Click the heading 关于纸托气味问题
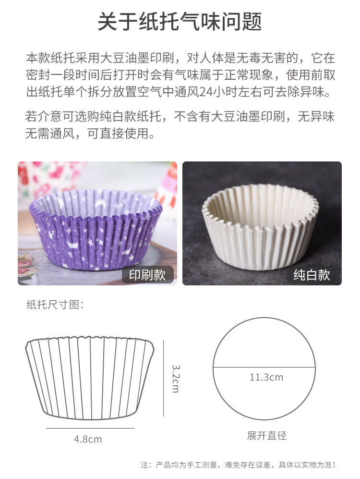point(180,22)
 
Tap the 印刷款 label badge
point(147,274)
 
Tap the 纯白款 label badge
point(312,274)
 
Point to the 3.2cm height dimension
point(175,378)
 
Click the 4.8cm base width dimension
point(88,439)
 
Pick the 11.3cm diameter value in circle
point(266,377)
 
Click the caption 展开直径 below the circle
point(266,436)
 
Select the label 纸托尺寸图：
point(55,305)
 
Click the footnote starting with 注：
point(238,465)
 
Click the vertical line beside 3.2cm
point(164,378)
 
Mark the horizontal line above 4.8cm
point(90,428)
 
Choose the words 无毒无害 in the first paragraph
point(266,59)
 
